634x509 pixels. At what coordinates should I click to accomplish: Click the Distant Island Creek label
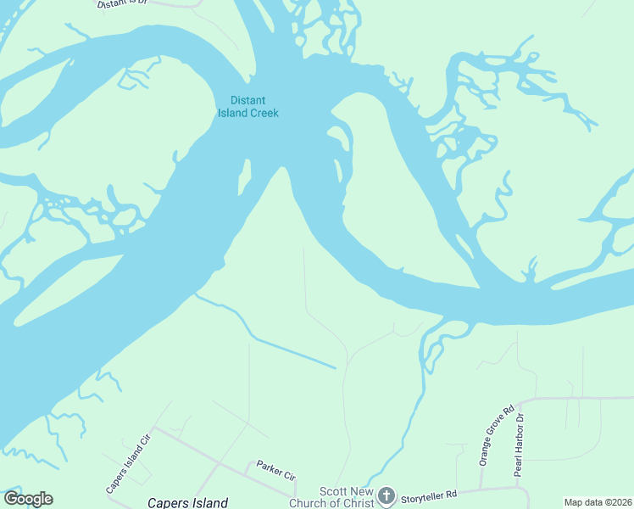(248, 107)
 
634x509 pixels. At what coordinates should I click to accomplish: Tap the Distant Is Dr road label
(124, 4)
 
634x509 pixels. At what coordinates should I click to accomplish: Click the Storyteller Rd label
(428, 493)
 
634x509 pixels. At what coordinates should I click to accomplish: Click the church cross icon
(386, 495)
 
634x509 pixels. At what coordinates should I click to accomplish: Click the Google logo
(28, 499)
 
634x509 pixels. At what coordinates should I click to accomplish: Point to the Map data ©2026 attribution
(597, 502)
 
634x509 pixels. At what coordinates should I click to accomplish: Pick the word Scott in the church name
(332, 491)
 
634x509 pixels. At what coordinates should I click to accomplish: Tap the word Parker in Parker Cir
(269, 467)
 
